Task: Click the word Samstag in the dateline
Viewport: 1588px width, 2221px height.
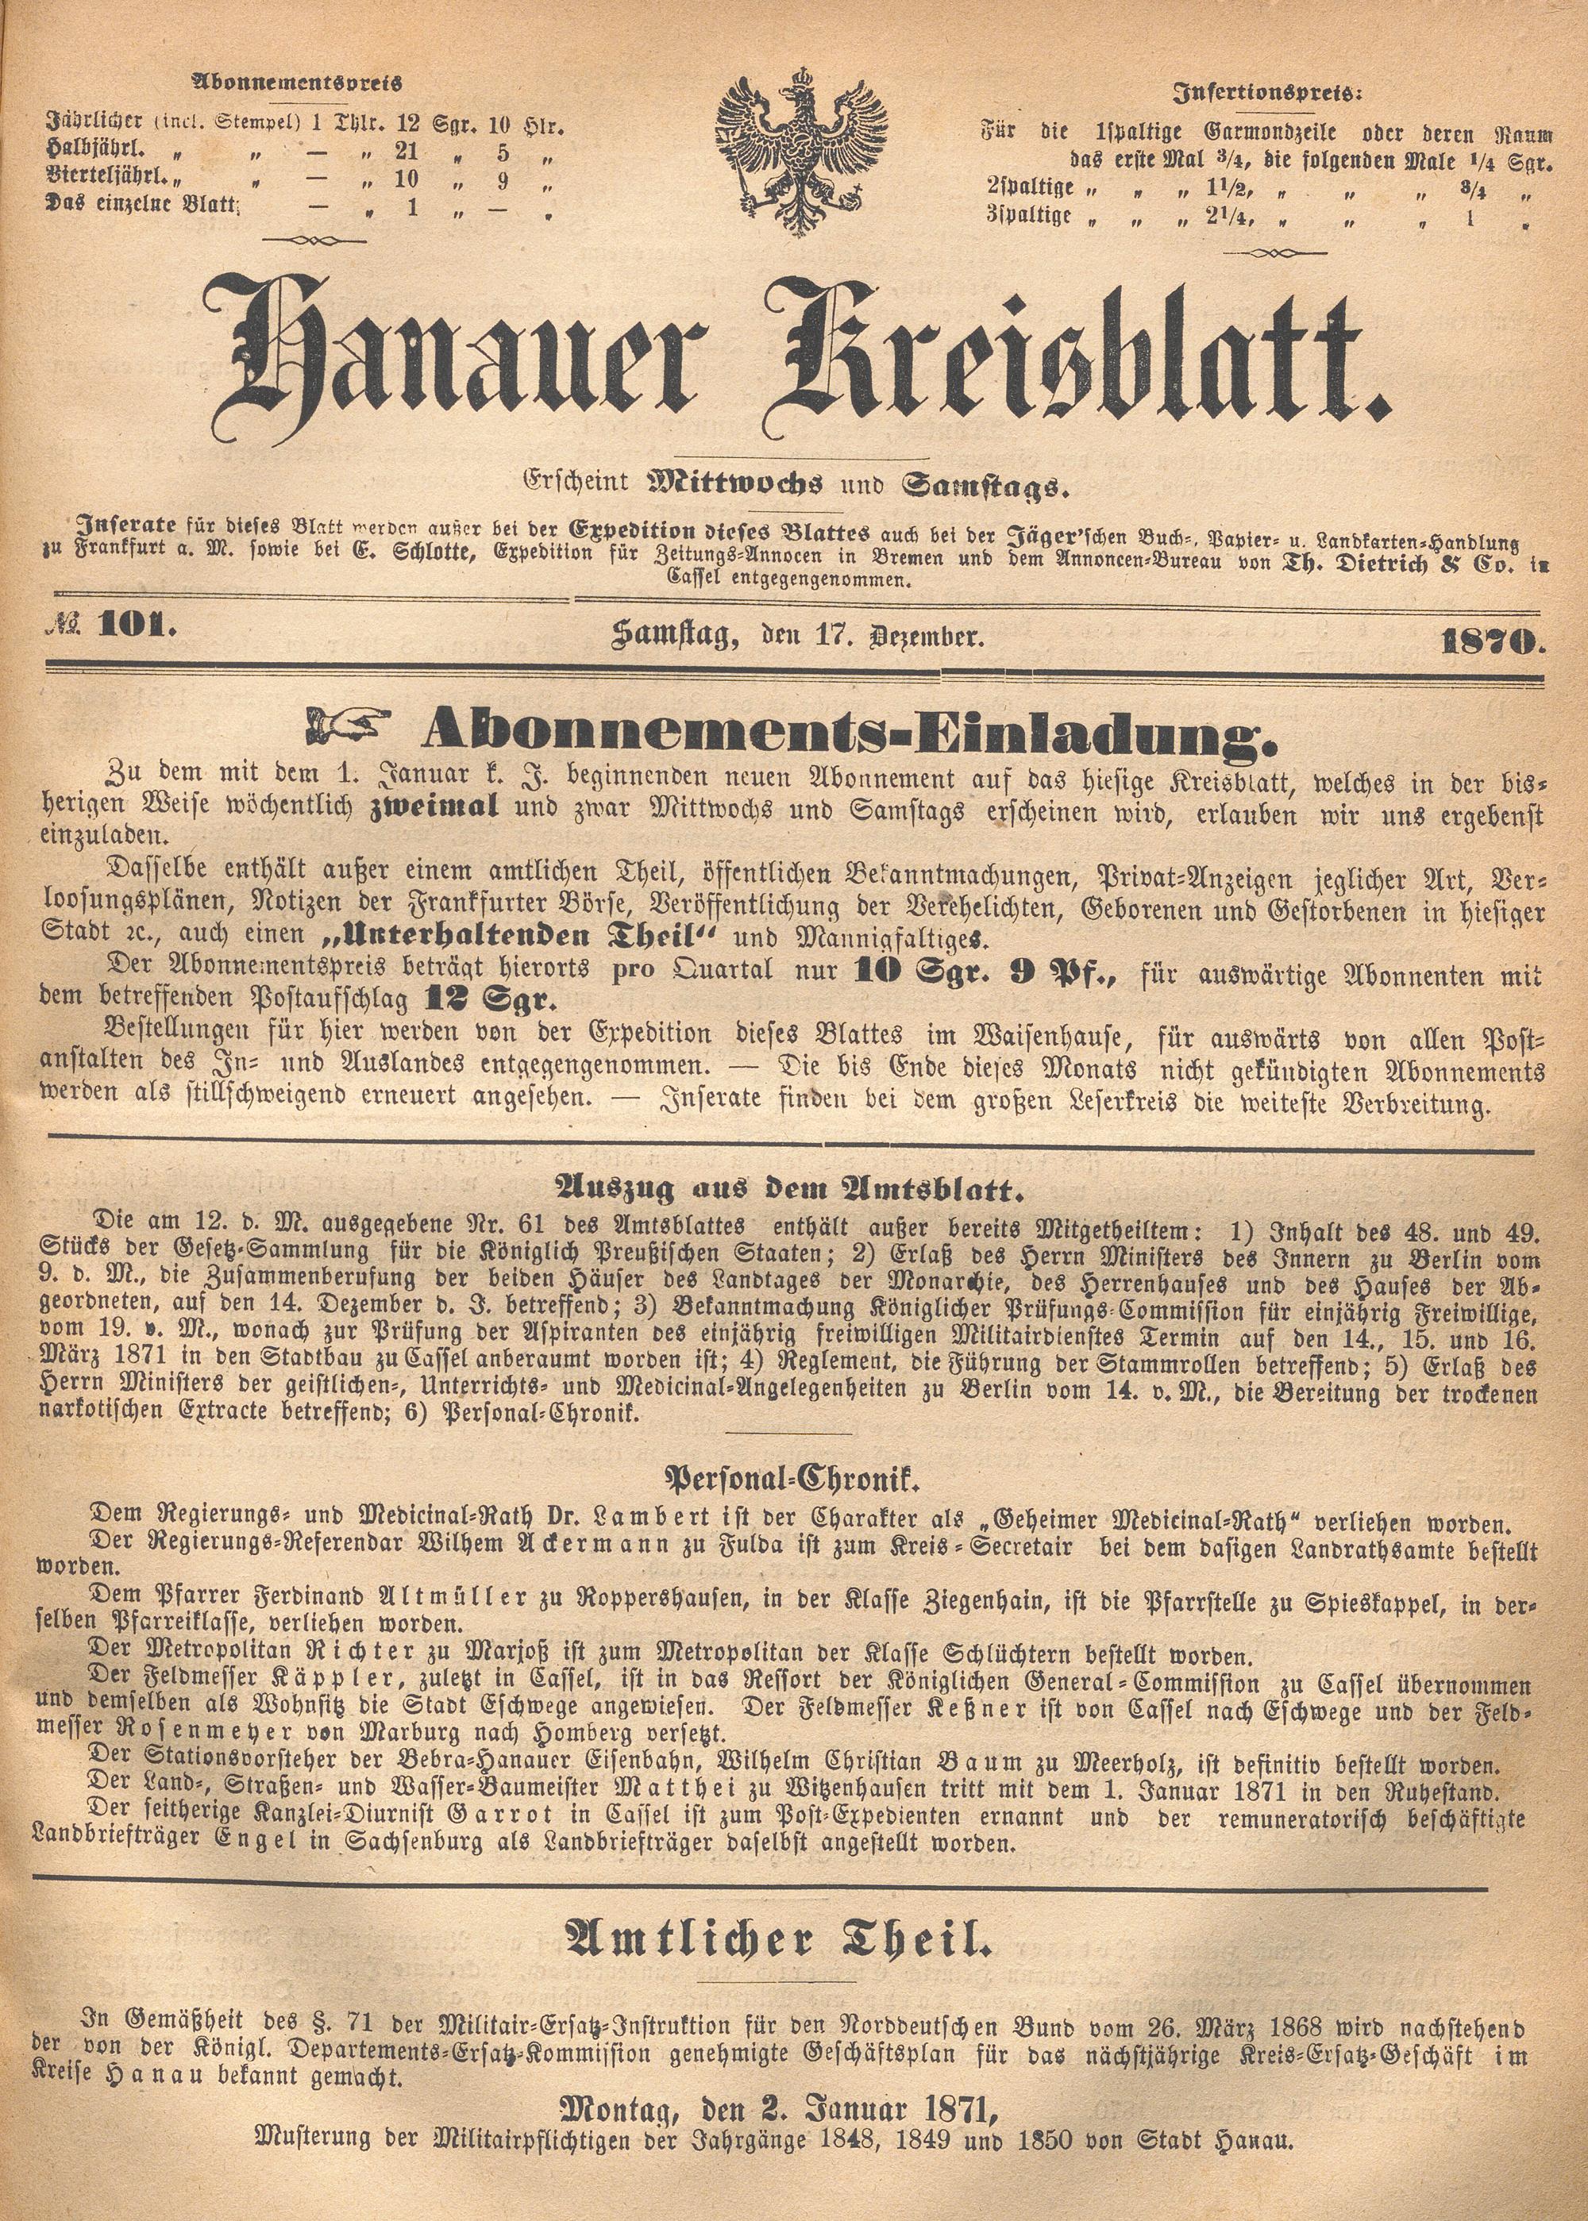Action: (674, 638)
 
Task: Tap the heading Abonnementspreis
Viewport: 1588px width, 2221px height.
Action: (295, 84)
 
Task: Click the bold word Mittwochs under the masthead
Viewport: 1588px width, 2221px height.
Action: (734, 483)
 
